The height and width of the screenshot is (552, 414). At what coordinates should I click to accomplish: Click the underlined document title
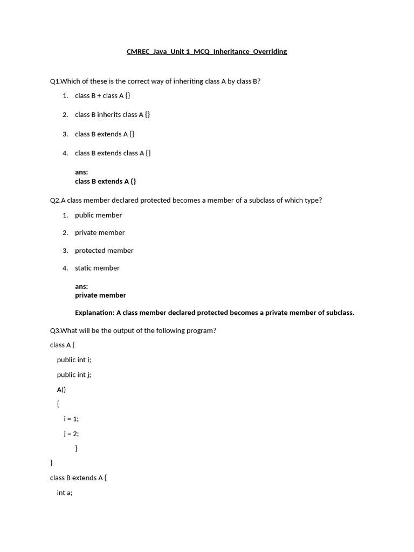[x=206, y=52]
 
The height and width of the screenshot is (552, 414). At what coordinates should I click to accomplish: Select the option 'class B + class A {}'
[x=102, y=95]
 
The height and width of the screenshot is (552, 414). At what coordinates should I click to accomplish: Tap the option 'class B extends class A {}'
[x=113, y=153]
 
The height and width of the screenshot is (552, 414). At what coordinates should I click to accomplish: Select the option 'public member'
[x=98, y=215]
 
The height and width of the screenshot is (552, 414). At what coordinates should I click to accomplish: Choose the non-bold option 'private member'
[x=100, y=233]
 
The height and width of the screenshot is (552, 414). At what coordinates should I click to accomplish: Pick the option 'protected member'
[x=104, y=251]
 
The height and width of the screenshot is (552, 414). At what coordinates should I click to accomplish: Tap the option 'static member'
[x=97, y=268]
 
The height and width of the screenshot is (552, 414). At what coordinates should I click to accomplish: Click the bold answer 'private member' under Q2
[x=100, y=295]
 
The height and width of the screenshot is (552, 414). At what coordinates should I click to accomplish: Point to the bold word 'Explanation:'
[x=95, y=313]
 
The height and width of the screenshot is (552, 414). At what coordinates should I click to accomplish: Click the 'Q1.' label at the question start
[x=55, y=81]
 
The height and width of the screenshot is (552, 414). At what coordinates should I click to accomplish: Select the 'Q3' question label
[x=55, y=330]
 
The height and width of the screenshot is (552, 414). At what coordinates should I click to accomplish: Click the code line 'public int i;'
[x=74, y=360]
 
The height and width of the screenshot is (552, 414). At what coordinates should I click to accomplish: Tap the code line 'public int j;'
[x=74, y=375]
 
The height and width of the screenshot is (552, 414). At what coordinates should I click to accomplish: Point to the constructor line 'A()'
[x=61, y=389]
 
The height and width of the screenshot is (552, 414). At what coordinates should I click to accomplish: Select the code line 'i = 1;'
[x=71, y=419]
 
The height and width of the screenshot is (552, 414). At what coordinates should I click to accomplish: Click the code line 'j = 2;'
[x=71, y=433]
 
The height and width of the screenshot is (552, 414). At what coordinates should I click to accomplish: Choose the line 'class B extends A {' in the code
[x=78, y=478]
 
